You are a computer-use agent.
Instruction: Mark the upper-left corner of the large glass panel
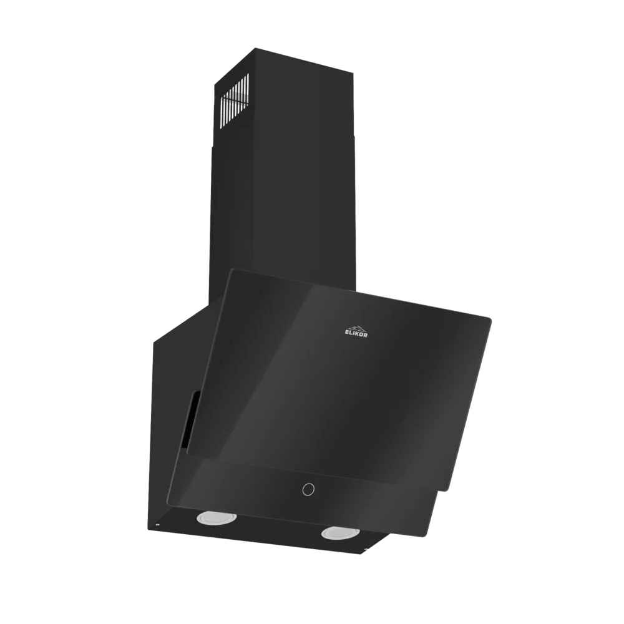[232, 270]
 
